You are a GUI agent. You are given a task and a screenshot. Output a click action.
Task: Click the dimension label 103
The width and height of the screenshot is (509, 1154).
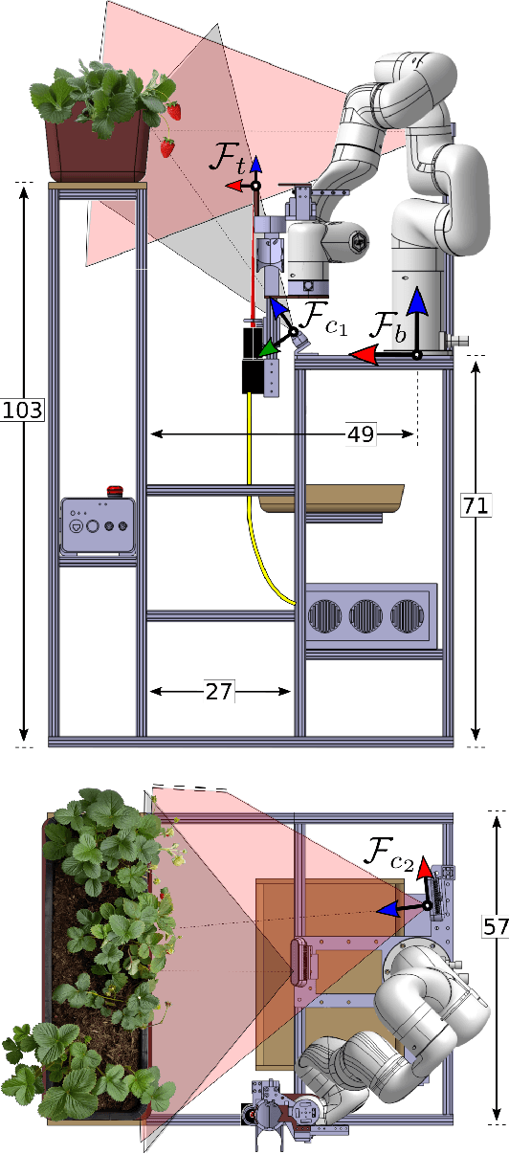23,410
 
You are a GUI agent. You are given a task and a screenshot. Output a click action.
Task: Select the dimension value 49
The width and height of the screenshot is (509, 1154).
361,434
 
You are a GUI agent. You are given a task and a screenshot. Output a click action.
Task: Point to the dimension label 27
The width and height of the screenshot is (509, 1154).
219,690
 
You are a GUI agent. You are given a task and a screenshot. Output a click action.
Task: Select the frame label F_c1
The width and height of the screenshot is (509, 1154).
321,316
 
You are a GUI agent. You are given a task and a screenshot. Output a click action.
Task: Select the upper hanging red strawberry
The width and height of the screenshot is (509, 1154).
174,111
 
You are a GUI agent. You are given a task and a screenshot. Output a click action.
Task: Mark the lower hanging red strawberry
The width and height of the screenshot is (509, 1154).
167,146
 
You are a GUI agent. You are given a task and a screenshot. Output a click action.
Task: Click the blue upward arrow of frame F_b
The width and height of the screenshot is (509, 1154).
417,311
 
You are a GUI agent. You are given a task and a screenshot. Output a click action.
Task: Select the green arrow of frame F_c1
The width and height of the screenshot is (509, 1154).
270,348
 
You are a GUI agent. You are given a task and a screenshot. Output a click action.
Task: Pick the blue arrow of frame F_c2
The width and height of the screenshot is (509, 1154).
392,906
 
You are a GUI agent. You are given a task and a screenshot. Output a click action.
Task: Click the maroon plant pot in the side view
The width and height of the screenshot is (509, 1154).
94,148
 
